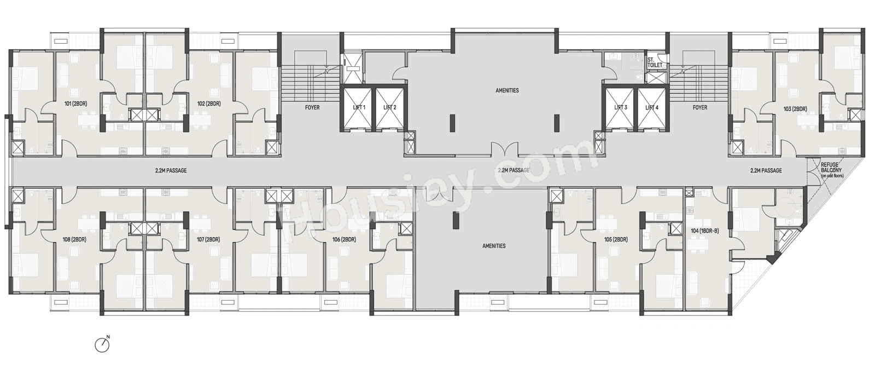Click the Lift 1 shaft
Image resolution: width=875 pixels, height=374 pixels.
click(x=358, y=108)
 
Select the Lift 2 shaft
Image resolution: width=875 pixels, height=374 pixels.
click(x=389, y=108)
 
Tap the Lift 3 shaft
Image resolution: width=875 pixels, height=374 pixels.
click(x=620, y=108)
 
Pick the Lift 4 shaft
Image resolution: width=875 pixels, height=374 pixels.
click(x=651, y=108)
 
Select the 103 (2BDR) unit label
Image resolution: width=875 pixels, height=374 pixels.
click(x=795, y=109)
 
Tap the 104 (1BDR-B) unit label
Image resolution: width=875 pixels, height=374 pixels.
click(x=704, y=231)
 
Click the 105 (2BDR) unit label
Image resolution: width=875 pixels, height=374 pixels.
click(x=616, y=240)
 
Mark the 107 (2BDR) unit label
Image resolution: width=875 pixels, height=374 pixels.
click(x=208, y=240)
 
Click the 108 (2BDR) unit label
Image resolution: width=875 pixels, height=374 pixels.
click(x=74, y=240)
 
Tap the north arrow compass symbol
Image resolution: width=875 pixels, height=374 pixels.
click(x=102, y=344)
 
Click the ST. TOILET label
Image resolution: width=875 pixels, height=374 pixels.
click(x=655, y=62)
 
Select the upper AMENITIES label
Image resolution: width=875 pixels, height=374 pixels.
click(x=507, y=90)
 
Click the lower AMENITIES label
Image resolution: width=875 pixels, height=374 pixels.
click(x=494, y=246)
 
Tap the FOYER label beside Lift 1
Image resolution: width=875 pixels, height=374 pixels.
click(x=312, y=108)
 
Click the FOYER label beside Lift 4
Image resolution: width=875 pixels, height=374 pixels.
click(x=699, y=108)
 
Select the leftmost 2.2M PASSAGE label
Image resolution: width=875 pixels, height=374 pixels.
click(x=171, y=171)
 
